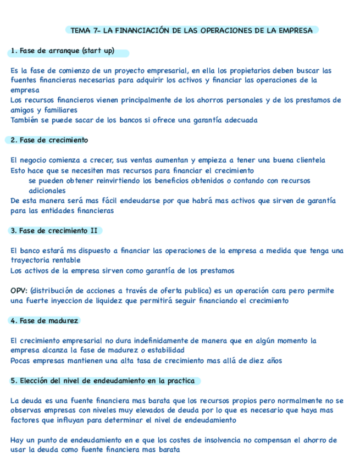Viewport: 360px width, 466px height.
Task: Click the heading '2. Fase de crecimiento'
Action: coord(49,140)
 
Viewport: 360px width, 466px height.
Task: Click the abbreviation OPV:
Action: coord(19,291)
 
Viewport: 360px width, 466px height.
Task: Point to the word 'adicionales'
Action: coord(47,190)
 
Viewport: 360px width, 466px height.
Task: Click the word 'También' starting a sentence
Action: coord(25,120)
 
